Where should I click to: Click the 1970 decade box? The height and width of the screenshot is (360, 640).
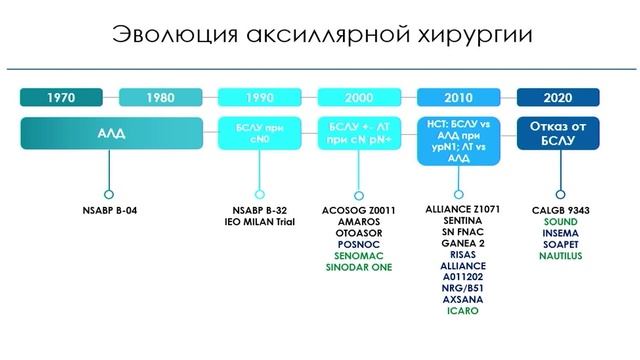pyautogui.click(x=66, y=98)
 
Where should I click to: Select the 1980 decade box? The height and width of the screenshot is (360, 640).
pyautogui.click(x=160, y=98)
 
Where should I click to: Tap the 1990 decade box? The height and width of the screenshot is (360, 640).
pyautogui.click(x=259, y=98)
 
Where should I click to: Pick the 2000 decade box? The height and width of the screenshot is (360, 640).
pyautogui.click(x=358, y=98)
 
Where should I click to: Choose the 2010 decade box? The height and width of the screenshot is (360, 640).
pyautogui.click(x=458, y=98)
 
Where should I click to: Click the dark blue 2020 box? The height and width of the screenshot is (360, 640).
pyautogui.click(x=557, y=98)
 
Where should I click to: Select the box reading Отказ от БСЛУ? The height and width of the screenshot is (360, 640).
pyautogui.click(x=557, y=134)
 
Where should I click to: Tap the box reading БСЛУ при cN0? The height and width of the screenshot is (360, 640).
pyautogui.click(x=259, y=134)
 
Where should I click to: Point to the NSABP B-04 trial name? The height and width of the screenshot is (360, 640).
pyautogui.click(x=109, y=211)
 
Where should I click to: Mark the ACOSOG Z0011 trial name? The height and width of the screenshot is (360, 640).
pyautogui.click(x=359, y=211)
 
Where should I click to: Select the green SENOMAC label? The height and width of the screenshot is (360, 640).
pyautogui.click(x=359, y=256)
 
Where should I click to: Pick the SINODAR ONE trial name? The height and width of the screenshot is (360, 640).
pyautogui.click(x=359, y=267)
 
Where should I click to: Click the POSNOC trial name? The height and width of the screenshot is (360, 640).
pyautogui.click(x=359, y=245)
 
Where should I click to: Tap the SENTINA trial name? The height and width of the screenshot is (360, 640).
pyautogui.click(x=458, y=222)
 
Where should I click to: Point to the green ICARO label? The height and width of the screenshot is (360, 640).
pyautogui.click(x=458, y=311)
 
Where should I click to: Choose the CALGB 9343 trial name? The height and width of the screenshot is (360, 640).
pyautogui.click(x=558, y=211)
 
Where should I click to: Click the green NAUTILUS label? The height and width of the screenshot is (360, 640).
pyautogui.click(x=558, y=256)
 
